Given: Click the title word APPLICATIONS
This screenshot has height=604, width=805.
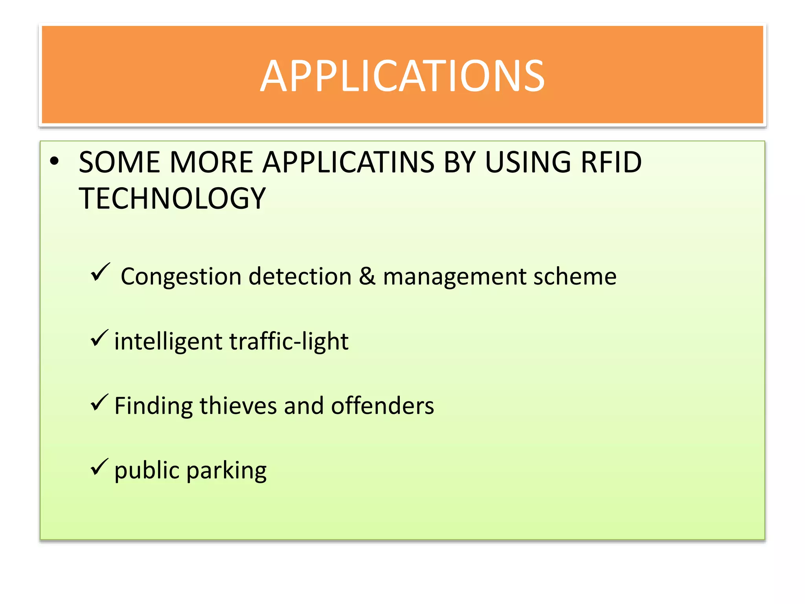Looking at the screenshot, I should [402, 76].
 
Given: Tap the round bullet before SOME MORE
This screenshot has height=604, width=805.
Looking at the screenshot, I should [54, 162].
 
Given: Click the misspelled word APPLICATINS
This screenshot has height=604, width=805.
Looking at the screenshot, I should [348, 162].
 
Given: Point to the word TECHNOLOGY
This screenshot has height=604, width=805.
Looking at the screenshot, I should [172, 198].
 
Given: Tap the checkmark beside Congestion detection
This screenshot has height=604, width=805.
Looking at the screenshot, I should [100, 272].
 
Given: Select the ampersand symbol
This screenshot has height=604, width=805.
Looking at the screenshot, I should [367, 276].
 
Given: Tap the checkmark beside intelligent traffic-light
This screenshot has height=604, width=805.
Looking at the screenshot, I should [99, 338].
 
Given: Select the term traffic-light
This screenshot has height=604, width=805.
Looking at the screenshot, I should [289, 341].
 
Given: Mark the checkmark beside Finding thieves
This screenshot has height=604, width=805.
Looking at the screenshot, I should [99, 403].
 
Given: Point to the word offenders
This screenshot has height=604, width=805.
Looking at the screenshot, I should [382, 406].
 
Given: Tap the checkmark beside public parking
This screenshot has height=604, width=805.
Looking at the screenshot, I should [99, 467].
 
